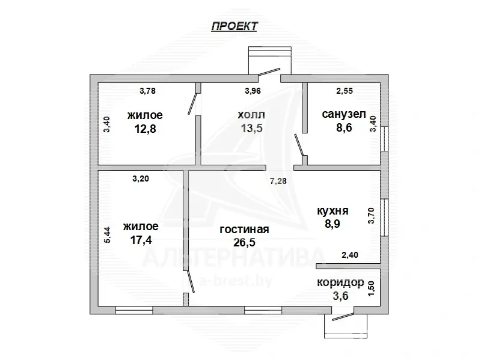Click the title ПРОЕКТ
click(234, 26)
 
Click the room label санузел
click(344, 114)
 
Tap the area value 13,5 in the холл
click(252, 128)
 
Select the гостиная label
click(244, 229)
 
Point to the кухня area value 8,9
click(332, 224)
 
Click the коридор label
click(340, 282)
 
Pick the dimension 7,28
click(278, 181)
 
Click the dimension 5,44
click(107, 235)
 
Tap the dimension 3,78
click(147, 91)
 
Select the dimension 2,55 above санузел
click(345, 91)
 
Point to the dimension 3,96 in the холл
click(253, 91)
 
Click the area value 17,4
click(141, 240)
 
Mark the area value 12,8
click(145, 129)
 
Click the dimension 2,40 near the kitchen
click(350, 255)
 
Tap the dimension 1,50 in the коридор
click(372, 288)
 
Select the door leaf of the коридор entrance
click(343, 317)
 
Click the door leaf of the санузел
click(299, 145)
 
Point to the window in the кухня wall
click(384, 218)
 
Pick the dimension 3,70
click(372, 216)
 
